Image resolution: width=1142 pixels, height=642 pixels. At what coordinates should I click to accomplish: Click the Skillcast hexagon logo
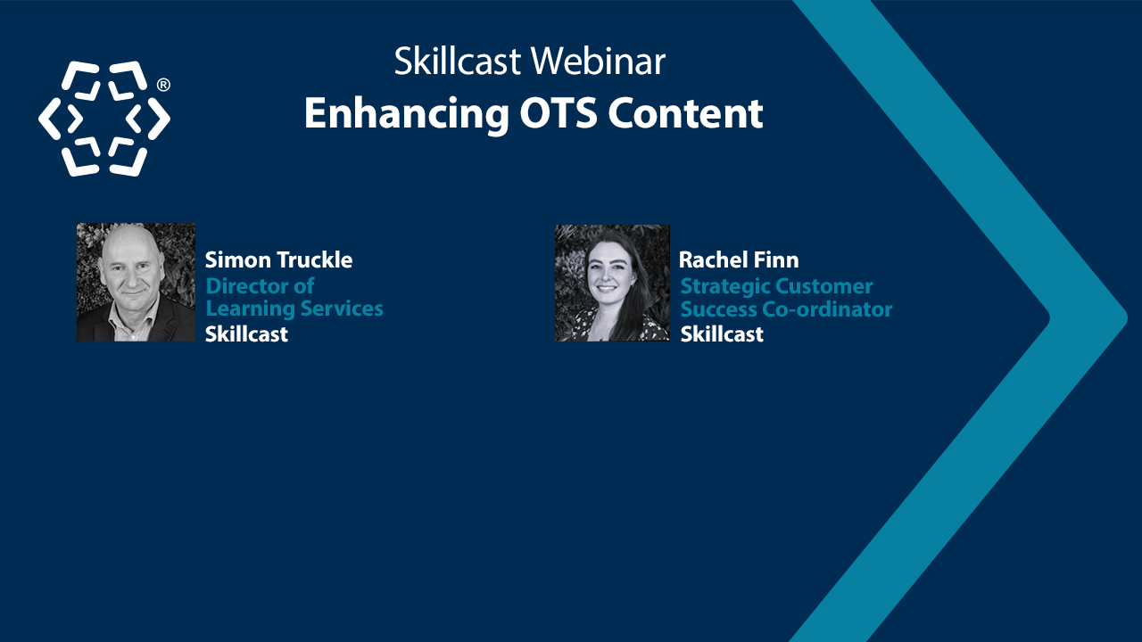[103, 119]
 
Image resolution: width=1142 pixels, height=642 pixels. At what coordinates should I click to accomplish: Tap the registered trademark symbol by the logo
[163, 86]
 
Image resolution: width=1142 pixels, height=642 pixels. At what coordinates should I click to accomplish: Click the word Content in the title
[685, 114]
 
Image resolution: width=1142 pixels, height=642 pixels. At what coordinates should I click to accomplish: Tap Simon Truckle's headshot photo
[136, 282]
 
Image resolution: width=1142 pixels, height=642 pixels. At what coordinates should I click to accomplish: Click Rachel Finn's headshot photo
[612, 283]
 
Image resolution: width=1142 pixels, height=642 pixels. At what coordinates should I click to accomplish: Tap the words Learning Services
[294, 309]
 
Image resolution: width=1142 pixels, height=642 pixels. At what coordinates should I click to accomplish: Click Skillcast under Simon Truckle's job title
[246, 334]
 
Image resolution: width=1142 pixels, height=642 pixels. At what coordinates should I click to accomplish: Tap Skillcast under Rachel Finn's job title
[722, 334]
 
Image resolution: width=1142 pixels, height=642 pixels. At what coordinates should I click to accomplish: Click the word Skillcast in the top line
[458, 62]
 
